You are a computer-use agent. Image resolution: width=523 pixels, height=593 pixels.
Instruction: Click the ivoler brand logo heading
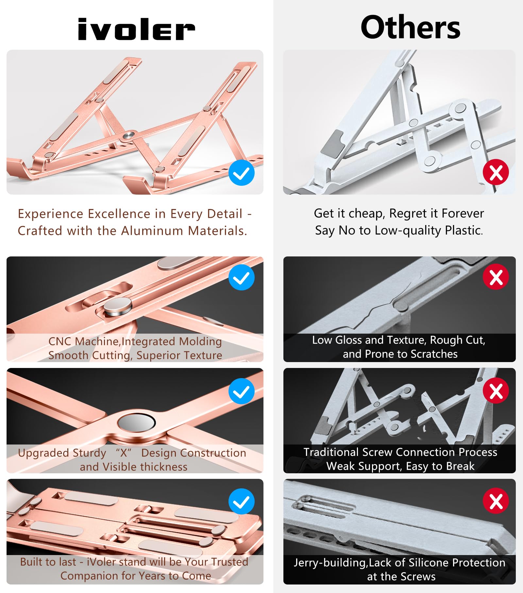(x=136, y=29)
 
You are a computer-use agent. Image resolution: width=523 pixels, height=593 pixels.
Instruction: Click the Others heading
(x=410, y=27)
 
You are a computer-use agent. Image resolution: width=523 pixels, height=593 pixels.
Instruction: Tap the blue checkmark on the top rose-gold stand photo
(x=242, y=173)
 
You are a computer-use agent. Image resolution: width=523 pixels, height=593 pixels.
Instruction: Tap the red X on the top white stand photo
(x=496, y=172)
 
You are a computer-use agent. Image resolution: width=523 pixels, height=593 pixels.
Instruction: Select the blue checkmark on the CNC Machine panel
(x=242, y=277)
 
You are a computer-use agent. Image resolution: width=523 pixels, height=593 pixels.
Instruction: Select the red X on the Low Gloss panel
(x=496, y=277)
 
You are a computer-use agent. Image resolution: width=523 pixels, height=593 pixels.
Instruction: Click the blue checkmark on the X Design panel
(x=242, y=391)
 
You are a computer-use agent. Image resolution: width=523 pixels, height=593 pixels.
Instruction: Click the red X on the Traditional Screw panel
(x=496, y=391)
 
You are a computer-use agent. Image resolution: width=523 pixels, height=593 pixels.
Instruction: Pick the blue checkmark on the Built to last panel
(x=242, y=501)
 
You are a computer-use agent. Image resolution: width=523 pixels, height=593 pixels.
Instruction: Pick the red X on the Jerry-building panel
(x=496, y=501)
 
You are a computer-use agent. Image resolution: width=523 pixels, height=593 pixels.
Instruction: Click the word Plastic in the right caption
(x=464, y=231)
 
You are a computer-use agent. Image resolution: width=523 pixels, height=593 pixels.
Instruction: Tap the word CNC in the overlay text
(x=60, y=341)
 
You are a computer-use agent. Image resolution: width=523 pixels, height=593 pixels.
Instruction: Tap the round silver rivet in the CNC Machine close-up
(x=118, y=307)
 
